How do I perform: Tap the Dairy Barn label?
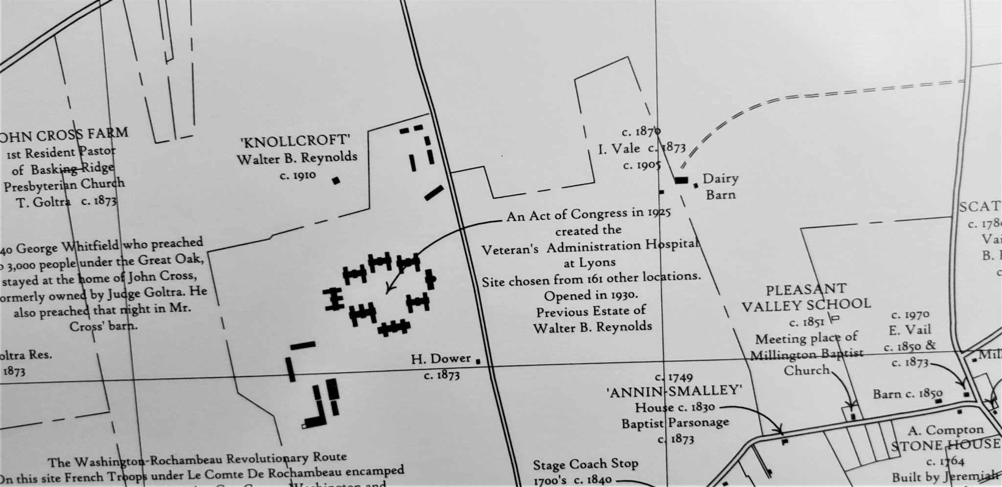(x=720, y=186)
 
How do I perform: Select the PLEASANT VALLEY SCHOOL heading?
(x=806, y=297)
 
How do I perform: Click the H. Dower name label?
(x=440, y=359)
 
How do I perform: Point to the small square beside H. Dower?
(x=478, y=361)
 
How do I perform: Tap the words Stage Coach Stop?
(x=585, y=464)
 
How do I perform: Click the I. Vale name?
(x=618, y=149)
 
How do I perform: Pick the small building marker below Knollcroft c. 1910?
(x=336, y=180)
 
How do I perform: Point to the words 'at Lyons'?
(x=590, y=262)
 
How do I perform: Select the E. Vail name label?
(x=910, y=330)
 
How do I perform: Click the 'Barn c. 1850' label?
(x=908, y=394)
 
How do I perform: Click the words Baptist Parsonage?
(x=675, y=423)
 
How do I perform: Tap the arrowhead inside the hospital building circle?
(x=388, y=291)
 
